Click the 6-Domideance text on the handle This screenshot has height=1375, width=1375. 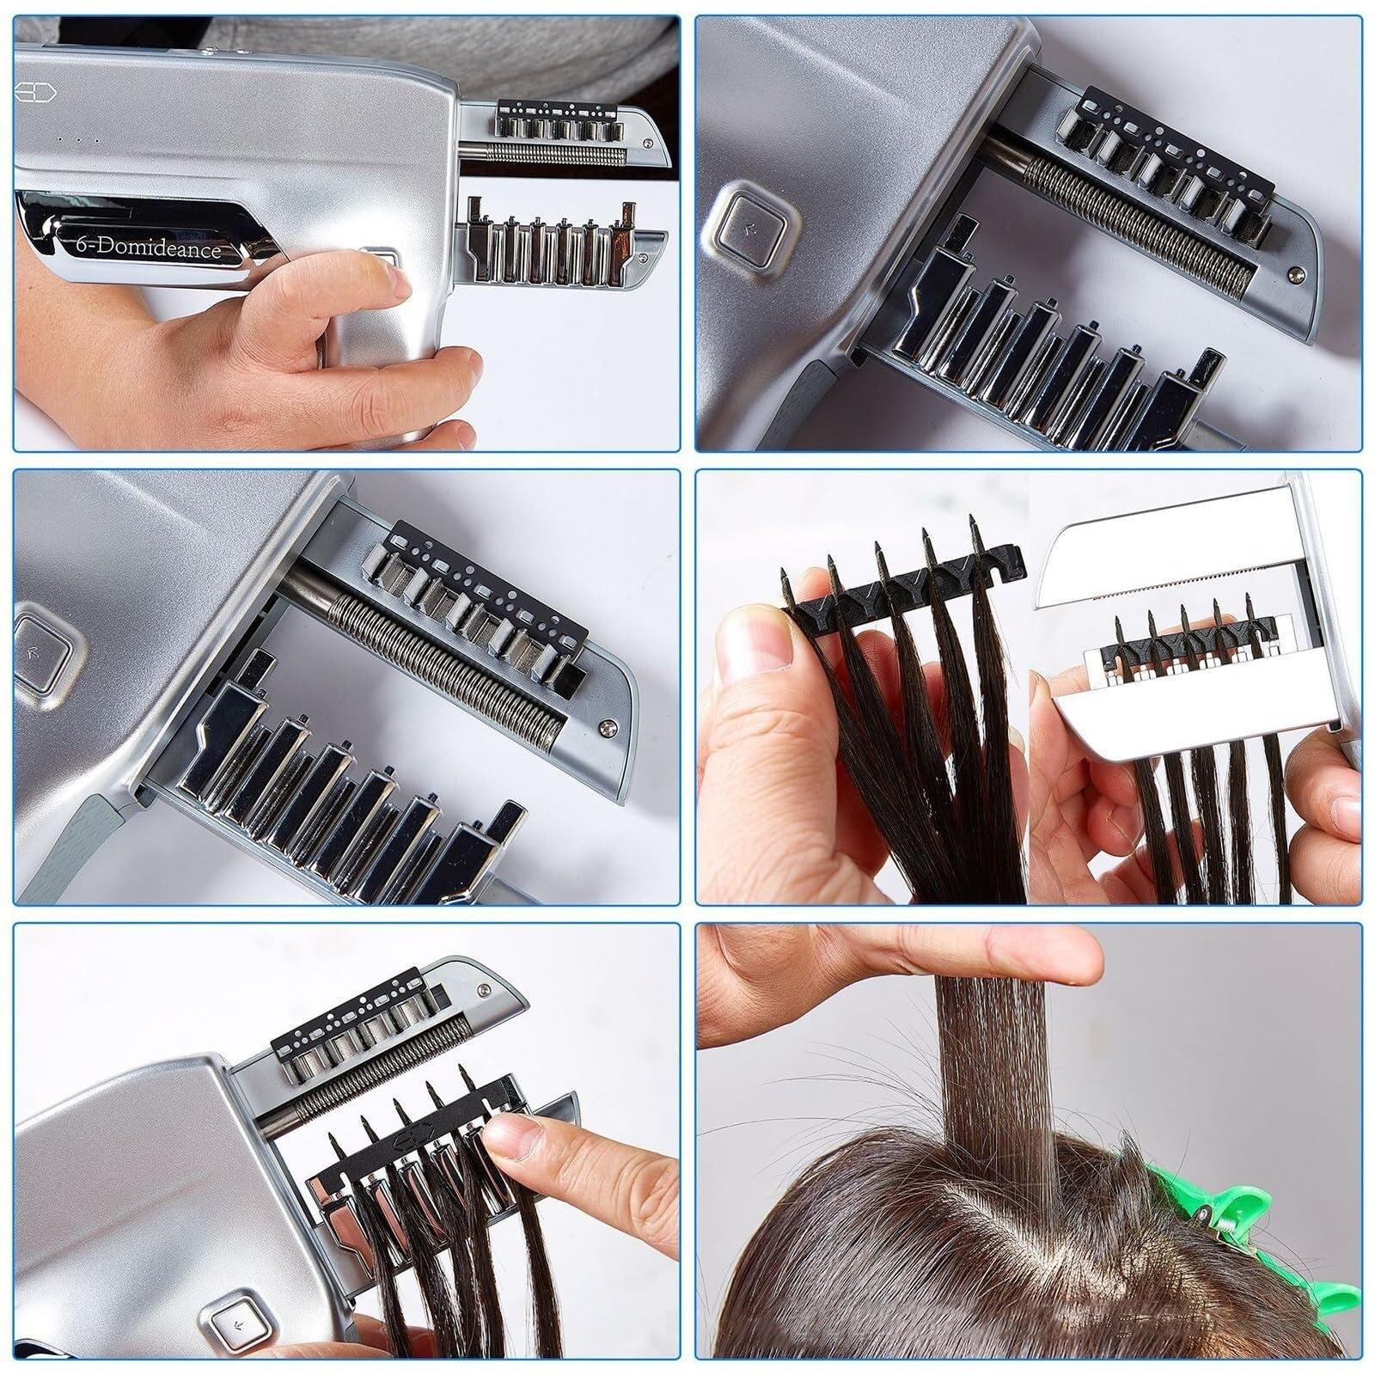[x=146, y=249]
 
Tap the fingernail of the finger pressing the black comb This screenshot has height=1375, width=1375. [x=514, y=1137]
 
